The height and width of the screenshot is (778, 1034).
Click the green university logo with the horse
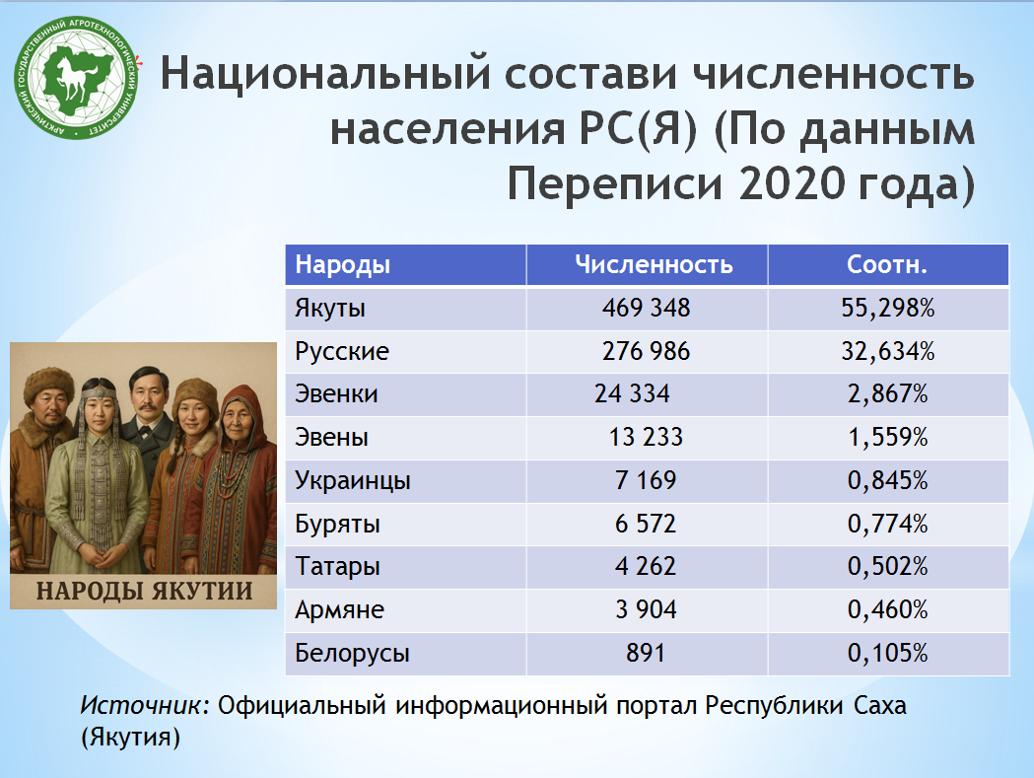click(x=77, y=78)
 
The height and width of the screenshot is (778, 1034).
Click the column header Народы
click(x=342, y=264)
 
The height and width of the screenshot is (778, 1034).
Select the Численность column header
click(x=654, y=264)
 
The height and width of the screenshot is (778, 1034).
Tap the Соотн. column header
click(x=887, y=264)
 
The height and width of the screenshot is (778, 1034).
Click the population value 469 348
click(x=646, y=308)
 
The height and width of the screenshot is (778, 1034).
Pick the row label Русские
click(x=342, y=351)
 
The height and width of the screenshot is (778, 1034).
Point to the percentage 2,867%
click(x=887, y=394)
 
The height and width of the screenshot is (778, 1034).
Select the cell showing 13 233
click(x=646, y=437)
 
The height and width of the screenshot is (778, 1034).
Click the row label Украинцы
click(x=353, y=481)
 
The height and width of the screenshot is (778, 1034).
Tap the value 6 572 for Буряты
click(x=646, y=524)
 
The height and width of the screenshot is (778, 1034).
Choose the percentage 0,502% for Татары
click(x=887, y=566)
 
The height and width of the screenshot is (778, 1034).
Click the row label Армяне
click(x=339, y=609)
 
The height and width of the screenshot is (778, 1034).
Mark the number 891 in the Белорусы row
click(x=646, y=653)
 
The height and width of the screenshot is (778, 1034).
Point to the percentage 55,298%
click(x=887, y=308)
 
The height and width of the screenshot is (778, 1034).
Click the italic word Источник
click(x=141, y=705)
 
